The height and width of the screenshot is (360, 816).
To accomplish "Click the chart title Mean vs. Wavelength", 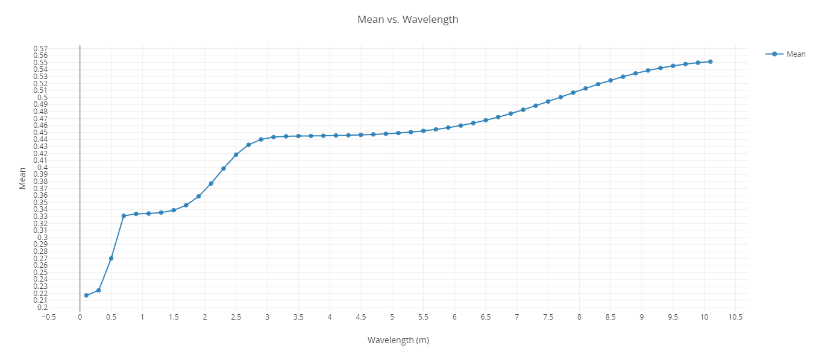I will (x=407, y=19).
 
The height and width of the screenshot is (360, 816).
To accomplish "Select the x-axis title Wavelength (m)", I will (x=398, y=340).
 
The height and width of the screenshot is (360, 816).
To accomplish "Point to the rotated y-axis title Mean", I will (x=22, y=178).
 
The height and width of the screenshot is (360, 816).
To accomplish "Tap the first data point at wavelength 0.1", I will (x=86, y=295).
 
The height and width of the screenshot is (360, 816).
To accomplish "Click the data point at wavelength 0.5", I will (x=111, y=258).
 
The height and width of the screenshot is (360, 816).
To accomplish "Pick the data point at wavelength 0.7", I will (x=124, y=216).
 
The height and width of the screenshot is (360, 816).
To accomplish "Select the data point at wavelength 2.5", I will (x=236, y=154).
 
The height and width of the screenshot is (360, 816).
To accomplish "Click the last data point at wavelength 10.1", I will (x=711, y=62).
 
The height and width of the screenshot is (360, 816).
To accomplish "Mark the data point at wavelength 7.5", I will (x=548, y=101).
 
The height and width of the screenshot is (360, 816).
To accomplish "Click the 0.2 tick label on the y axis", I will (x=43, y=308).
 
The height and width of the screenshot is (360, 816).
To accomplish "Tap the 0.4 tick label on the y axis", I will (x=43, y=168).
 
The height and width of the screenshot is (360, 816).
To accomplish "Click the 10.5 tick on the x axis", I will (x=735, y=317).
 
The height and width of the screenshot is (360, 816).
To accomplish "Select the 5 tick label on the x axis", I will (x=392, y=317).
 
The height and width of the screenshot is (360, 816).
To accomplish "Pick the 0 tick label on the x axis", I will (x=80, y=317).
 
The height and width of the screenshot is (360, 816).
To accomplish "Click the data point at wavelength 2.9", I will (x=261, y=139).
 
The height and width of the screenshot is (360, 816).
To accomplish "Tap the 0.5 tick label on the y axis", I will (x=43, y=98).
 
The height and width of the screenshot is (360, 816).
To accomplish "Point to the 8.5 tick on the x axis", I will (x=610, y=317).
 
